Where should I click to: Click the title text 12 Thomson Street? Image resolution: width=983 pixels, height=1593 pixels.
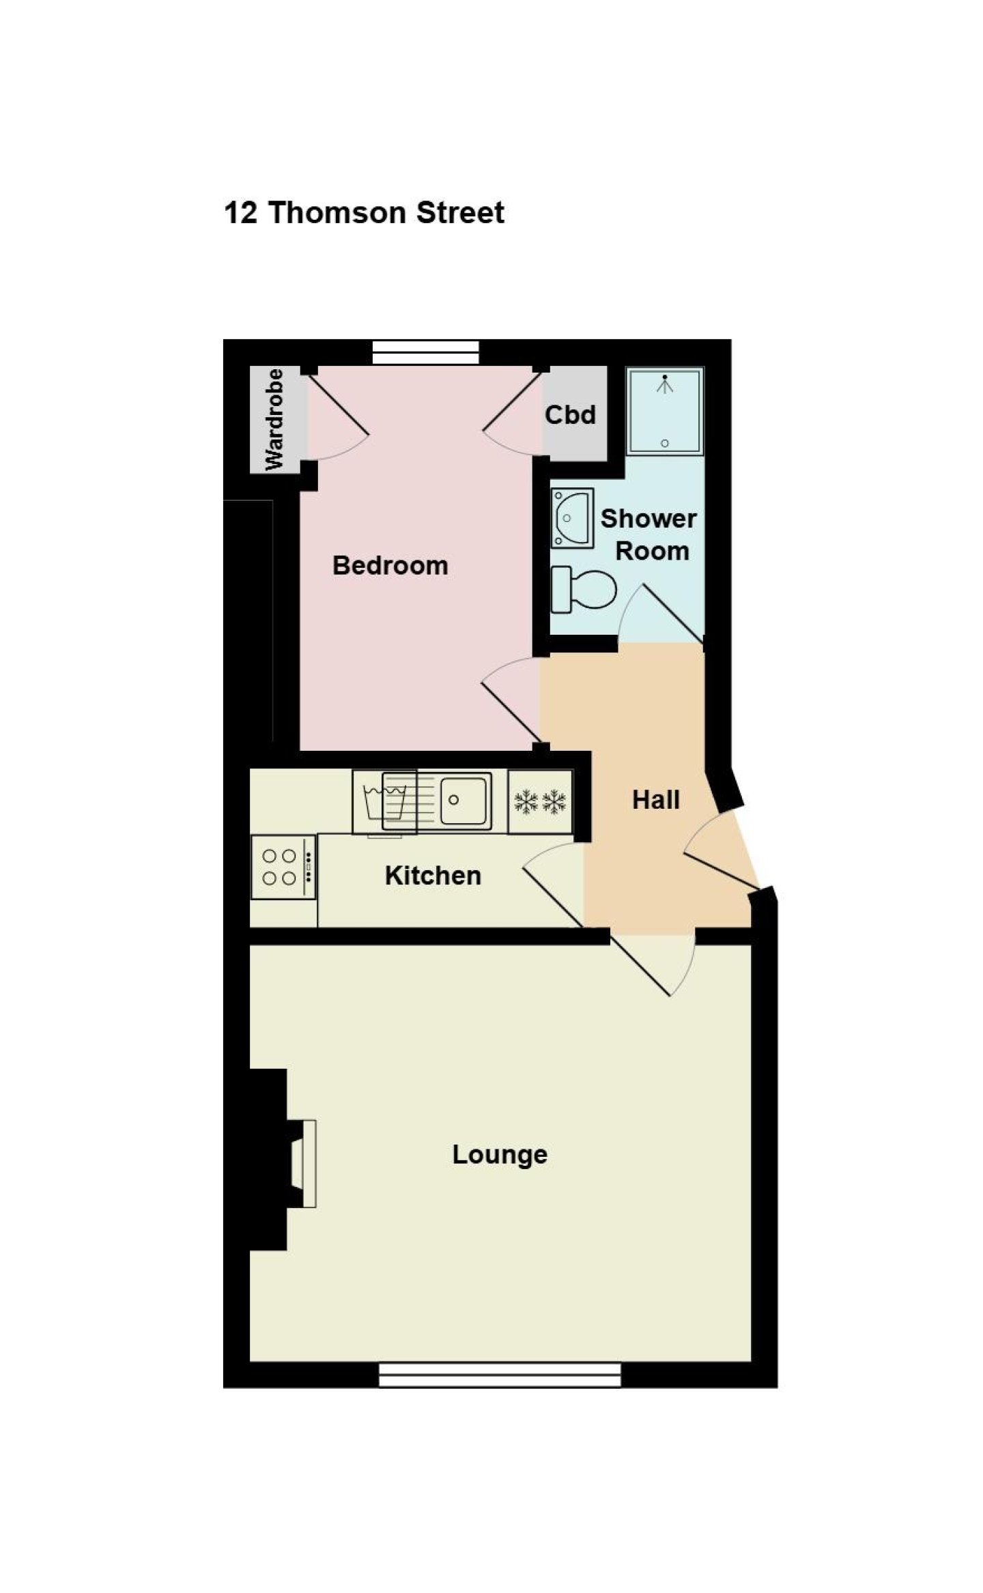pos(364,212)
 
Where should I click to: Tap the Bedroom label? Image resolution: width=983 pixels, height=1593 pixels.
pos(390,565)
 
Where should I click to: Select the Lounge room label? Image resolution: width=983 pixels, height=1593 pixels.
pos(500,1154)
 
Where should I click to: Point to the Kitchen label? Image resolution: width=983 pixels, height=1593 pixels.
pos(433,875)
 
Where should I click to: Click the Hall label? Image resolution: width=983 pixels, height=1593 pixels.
pos(655,799)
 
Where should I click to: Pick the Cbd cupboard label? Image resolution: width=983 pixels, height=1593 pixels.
pos(570,414)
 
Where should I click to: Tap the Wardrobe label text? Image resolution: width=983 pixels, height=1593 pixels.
pos(274,419)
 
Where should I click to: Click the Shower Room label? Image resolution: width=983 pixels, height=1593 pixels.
pos(649,534)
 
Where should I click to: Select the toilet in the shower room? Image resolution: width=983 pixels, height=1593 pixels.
pos(583,590)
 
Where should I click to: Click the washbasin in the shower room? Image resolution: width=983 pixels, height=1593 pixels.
pos(571,517)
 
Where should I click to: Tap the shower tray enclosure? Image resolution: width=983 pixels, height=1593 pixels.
pos(664,411)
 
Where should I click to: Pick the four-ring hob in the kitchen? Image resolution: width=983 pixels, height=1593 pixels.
pos(283,867)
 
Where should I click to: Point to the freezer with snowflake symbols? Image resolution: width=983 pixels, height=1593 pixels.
pos(540,801)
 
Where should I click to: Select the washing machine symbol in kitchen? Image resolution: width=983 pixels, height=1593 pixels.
pos(385,801)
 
